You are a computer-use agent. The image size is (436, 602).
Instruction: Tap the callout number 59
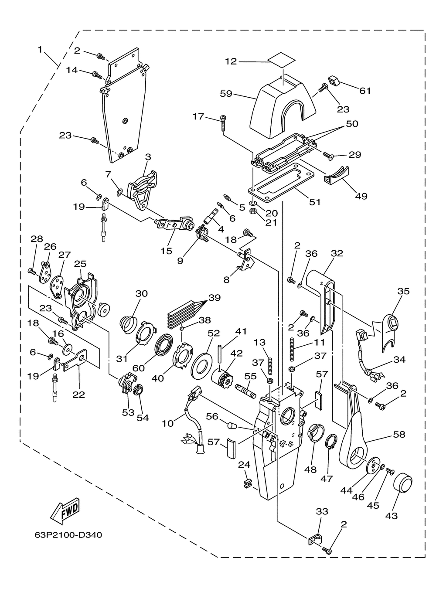[226, 94]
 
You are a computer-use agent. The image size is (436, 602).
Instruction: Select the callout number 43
[392, 516]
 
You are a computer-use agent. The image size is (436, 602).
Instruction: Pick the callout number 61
[365, 91]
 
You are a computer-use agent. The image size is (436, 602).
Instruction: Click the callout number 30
[142, 293]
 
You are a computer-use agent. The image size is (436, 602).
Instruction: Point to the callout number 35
[403, 291]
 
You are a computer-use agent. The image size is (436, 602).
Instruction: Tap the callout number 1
[40, 50]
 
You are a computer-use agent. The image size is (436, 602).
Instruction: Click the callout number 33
[322, 511]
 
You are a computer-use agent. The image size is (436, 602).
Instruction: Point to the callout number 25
[80, 264]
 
